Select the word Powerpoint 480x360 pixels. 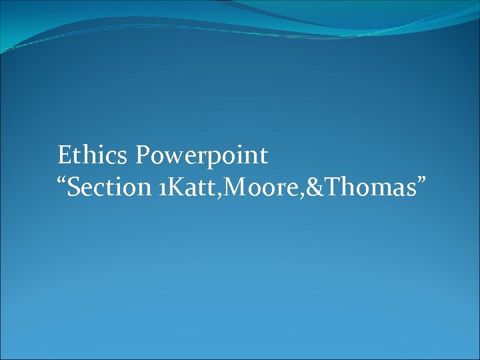[x=202, y=156]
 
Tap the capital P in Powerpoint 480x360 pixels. [x=143, y=155]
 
